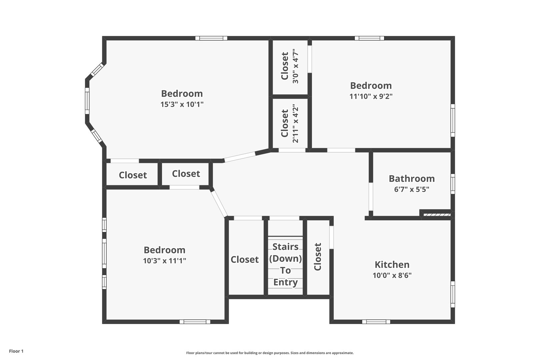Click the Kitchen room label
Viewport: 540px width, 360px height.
click(x=392, y=265)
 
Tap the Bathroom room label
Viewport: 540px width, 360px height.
click(x=412, y=179)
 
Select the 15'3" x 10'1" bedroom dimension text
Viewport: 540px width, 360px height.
click(x=182, y=104)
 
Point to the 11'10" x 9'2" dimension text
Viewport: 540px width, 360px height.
click(x=371, y=96)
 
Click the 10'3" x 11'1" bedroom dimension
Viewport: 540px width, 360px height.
click(x=165, y=261)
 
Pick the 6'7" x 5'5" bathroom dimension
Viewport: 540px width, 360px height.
click(x=412, y=189)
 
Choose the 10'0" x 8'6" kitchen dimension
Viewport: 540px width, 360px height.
click(x=392, y=275)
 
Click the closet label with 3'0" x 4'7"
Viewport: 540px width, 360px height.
click(x=285, y=66)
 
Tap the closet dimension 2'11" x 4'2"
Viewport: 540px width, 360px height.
click(x=295, y=123)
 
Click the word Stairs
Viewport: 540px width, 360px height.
click(x=285, y=247)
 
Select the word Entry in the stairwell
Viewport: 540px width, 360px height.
click(x=285, y=282)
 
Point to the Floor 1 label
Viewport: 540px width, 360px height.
click(x=16, y=351)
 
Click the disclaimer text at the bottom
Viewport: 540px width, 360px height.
click(x=270, y=353)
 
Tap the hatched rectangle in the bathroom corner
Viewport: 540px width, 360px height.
click(x=437, y=215)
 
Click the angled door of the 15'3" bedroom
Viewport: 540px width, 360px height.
click(x=239, y=157)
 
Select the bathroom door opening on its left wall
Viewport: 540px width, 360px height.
click(x=371, y=197)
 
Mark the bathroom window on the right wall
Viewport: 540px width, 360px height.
click(x=453, y=184)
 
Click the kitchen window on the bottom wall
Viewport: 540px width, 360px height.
click(x=376, y=322)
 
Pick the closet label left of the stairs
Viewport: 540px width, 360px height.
click(x=245, y=259)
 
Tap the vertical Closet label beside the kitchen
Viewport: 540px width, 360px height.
click(x=317, y=257)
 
